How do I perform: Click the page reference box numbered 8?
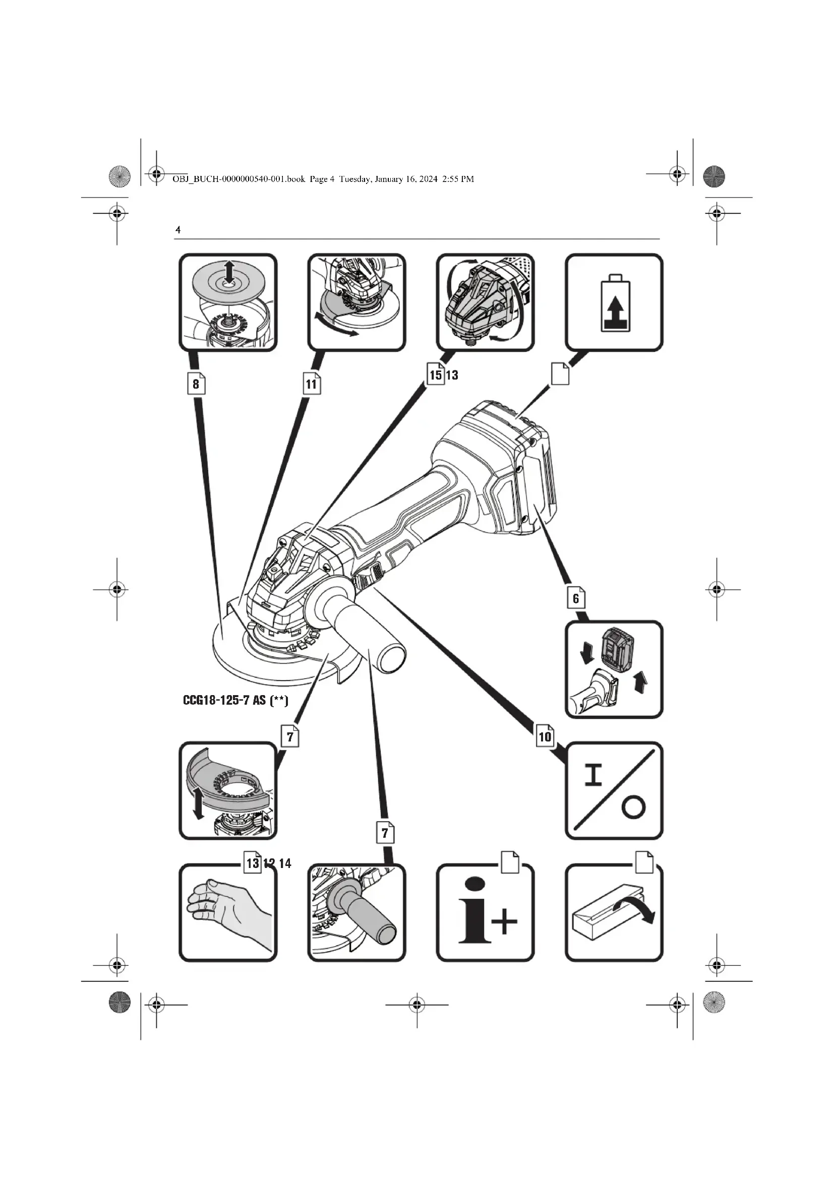coord(196,384)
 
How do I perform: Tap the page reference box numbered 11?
coord(311,384)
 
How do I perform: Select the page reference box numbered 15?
coord(436,375)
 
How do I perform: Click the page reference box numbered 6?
coord(576,598)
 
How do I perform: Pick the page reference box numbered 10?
coord(545,737)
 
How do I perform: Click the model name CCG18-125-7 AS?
coord(235,700)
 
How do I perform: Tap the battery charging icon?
coord(615,303)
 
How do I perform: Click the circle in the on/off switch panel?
coord(633,807)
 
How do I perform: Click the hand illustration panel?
coord(227,912)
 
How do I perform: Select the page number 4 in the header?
coord(177,230)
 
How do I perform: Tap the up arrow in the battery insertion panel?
coord(640,683)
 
